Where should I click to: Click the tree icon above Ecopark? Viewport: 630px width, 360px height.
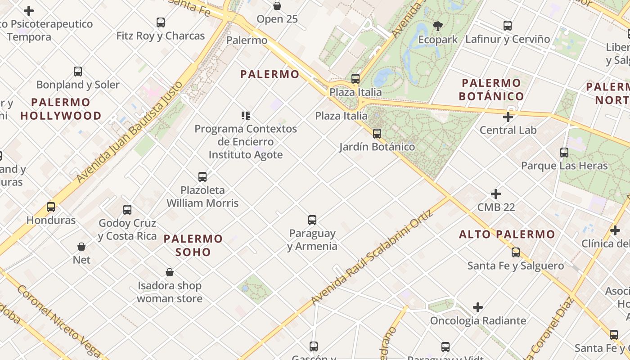pyautogui.click(x=437, y=26)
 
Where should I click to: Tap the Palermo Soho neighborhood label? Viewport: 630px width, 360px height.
pyautogui.click(x=193, y=245)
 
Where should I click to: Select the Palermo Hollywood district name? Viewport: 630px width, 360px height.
pyautogui.click(x=61, y=109)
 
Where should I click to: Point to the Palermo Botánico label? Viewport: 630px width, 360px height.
pyautogui.click(x=491, y=90)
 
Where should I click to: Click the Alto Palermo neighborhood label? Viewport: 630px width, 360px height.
pyautogui.click(x=507, y=234)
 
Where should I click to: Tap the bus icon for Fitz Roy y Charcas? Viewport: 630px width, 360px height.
pyautogui.click(x=161, y=22)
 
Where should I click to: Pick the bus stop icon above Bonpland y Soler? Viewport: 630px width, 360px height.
pyautogui.click(x=78, y=71)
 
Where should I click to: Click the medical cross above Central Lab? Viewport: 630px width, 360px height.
pyautogui.click(x=508, y=117)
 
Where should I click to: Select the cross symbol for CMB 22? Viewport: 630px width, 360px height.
pyautogui.click(x=495, y=194)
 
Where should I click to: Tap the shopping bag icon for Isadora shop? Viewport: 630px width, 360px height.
pyautogui.click(x=170, y=272)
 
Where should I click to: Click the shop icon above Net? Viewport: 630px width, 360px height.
pyautogui.click(x=81, y=247)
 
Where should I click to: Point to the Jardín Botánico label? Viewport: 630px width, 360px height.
pyautogui.click(x=377, y=147)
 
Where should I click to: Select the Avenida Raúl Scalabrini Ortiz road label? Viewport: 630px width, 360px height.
pyautogui.click(x=372, y=257)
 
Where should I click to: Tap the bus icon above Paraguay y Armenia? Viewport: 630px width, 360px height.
pyautogui.click(x=312, y=220)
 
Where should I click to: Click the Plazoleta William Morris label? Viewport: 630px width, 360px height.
pyautogui.click(x=202, y=197)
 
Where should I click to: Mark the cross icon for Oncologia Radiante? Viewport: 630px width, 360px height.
pyautogui.click(x=478, y=308)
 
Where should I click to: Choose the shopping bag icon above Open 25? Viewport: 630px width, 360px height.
pyautogui.click(x=277, y=6)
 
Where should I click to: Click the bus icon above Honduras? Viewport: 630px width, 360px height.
pyautogui.click(x=51, y=207)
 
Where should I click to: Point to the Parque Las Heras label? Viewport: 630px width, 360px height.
pyautogui.click(x=564, y=166)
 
